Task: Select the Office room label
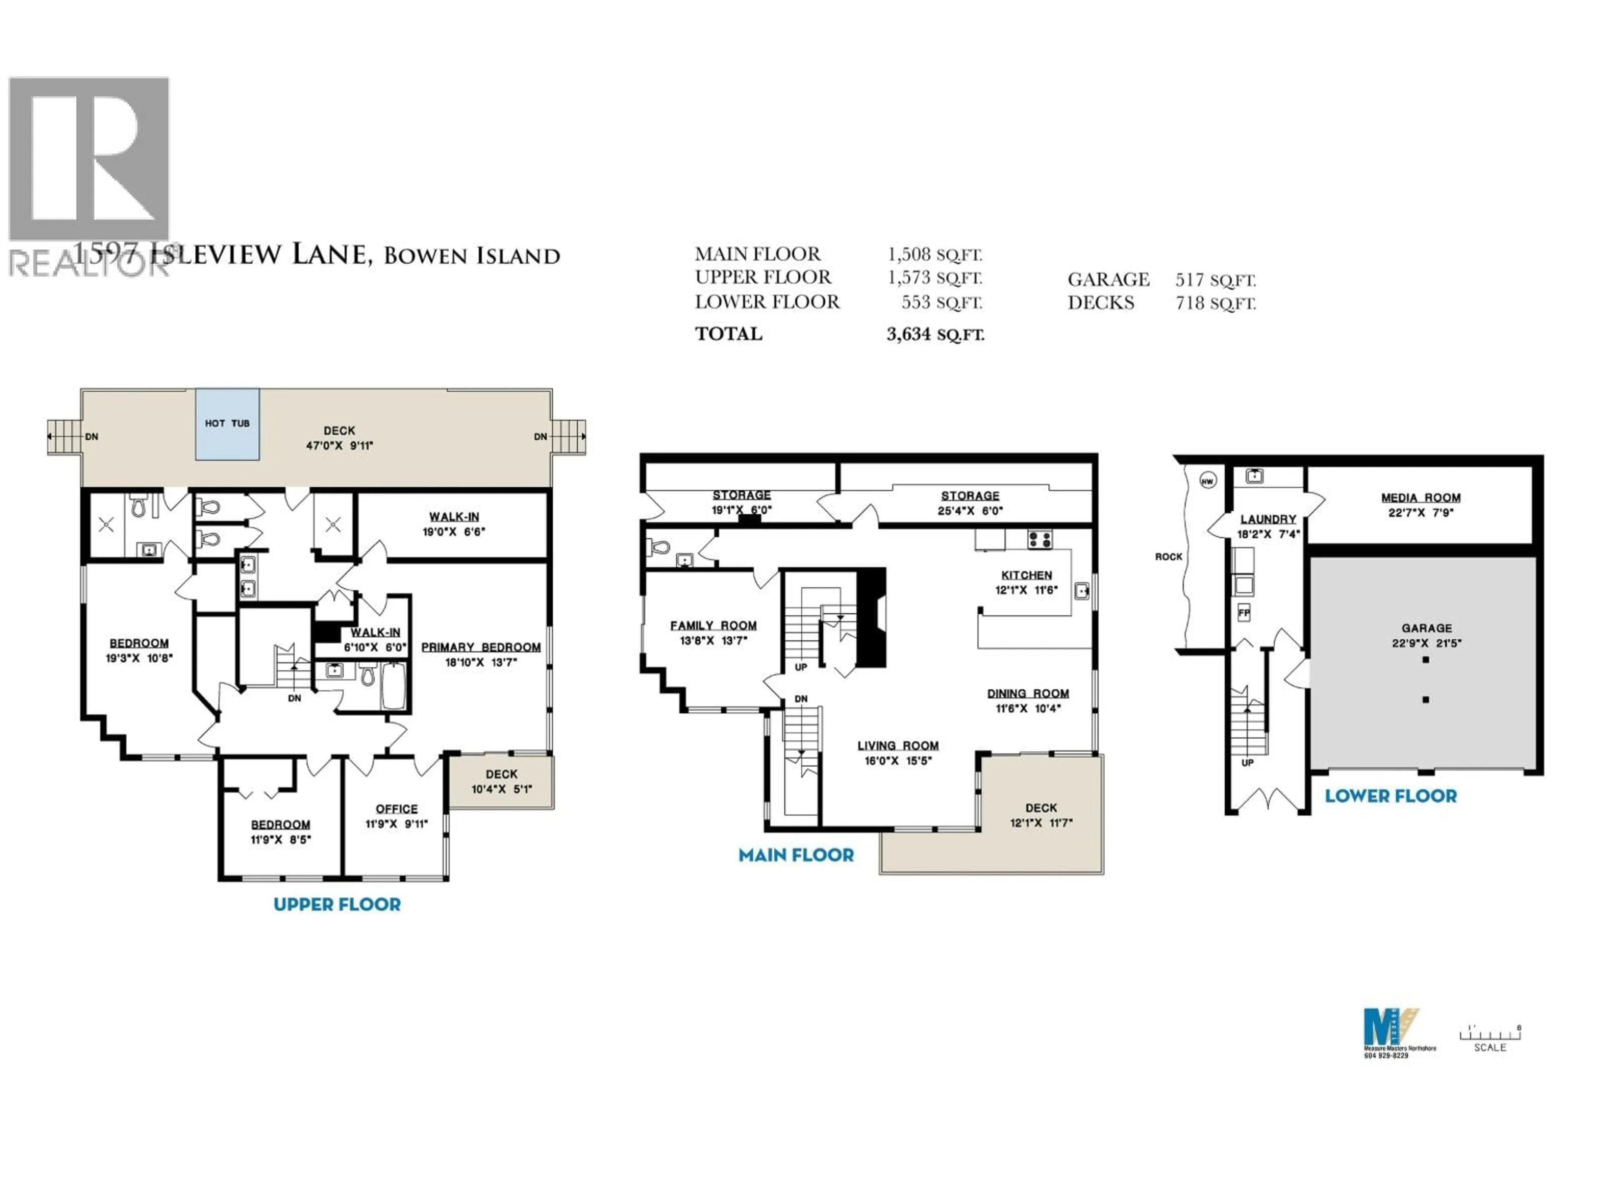pos(396,808)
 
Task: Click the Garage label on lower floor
pos(1426,628)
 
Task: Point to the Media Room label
pos(1420,498)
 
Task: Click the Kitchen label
pos(1026,575)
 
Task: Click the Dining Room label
pos(1028,693)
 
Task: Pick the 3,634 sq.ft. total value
pos(935,334)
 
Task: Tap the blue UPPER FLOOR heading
pos(337,904)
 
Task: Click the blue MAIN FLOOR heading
pos(796,855)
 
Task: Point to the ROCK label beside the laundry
pos(1168,556)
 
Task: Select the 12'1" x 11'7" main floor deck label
pos(1041,822)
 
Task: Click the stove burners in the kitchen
pos(1040,539)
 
